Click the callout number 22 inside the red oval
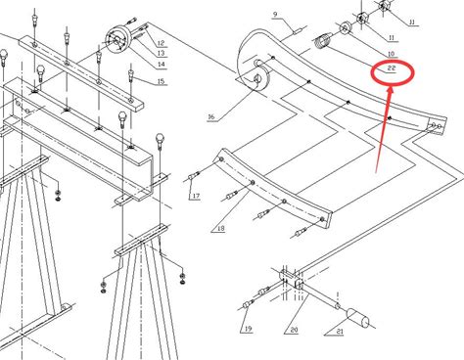click(392, 68)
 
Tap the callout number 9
click(275, 15)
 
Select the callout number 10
click(391, 54)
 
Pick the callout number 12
click(161, 43)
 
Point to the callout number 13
click(161, 53)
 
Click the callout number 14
click(162, 65)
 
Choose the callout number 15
click(161, 81)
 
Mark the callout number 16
click(211, 116)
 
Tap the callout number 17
click(196, 196)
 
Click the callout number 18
click(221, 228)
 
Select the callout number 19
click(248, 329)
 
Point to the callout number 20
click(294, 330)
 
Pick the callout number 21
click(340, 332)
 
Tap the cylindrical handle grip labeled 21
click(357, 317)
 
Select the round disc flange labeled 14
click(117, 40)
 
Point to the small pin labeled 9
click(298, 31)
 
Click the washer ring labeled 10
click(345, 27)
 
